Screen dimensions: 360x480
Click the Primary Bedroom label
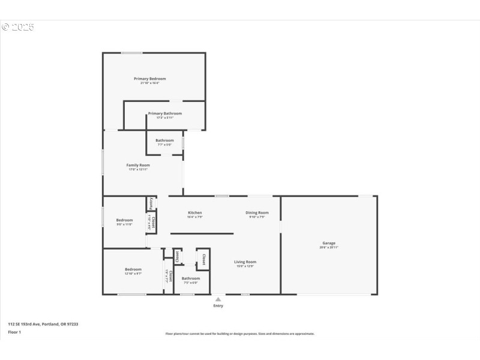tap(149, 79)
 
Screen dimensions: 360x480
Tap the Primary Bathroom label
tap(164, 113)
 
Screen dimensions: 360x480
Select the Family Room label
tap(138, 165)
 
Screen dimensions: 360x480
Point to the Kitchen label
tap(195, 212)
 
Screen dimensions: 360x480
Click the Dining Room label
tap(257, 212)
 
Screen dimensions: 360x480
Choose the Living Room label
tap(245, 262)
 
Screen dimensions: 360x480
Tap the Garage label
tap(329, 242)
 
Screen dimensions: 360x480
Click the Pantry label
tap(151, 204)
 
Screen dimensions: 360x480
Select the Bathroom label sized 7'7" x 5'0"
tap(164, 140)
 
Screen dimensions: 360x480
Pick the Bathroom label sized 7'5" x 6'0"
tap(191, 278)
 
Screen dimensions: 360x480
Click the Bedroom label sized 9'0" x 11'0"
tap(124, 220)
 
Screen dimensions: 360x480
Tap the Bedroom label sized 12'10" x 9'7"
tap(133, 269)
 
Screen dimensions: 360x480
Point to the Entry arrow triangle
tap(218, 299)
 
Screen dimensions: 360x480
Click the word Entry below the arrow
tap(218, 306)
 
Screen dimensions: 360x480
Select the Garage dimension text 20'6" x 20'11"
tap(329, 247)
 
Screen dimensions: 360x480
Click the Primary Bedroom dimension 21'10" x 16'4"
tap(149, 83)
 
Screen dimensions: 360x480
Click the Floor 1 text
tap(14, 332)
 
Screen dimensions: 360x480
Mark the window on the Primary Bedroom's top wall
tap(132, 53)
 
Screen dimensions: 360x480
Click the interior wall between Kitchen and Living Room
tap(202, 233)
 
